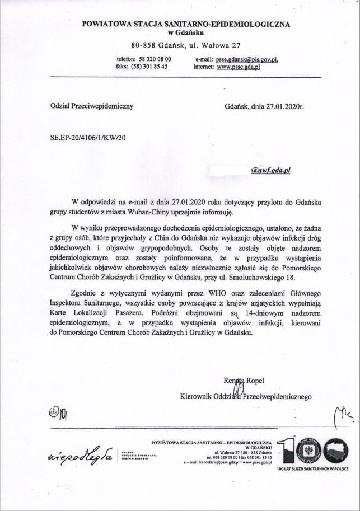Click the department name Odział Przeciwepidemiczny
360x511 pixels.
pos(84,106)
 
